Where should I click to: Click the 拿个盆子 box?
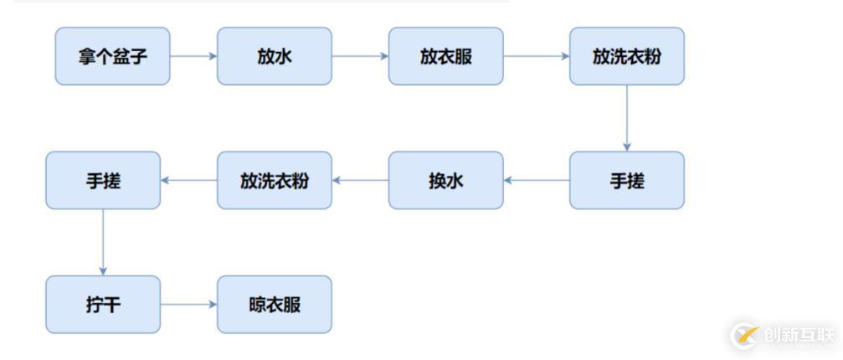pyautogui.click(x=112, y=56)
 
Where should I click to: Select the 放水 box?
pyautogui.click(x=275, y=56)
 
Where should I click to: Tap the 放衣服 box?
pyautogui.click(x=445, y=56)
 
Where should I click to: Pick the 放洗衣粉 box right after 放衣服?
pyautogui.click(x=627, y=56)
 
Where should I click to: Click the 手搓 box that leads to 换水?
pyautogui.click(x=627, y=181)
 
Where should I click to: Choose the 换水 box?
pyautogui.click(x=445, y=181)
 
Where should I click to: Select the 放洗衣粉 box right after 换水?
pyautogui.click(x=275, y=181)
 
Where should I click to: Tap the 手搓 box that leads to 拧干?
pyautogui.click(x=103, y=181)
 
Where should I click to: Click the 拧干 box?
pyautogui.click(x=103, y=305)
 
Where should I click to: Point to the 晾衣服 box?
pyautogui.click(x=275, y=305)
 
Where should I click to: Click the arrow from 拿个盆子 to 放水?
pyautogui.click(x=193, y=56)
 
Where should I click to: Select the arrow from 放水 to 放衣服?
pyautogui.click(x=360, y=56)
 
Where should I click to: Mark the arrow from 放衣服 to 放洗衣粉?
pyautogui.click(x=537, y=56)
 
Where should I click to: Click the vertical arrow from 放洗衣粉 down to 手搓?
pyautogui.click(x=627, y=118)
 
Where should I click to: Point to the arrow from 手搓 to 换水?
pyautogui.click(x=537, y=181)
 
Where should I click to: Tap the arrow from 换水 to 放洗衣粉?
pyautogui.click(x=360, y=181)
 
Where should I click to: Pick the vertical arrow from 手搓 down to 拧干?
pyautogui.click(x=103, y=242)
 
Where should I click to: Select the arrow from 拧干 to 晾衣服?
pyautogui.click(x=188, y=305)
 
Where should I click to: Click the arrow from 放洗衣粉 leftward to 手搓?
pyautogui.click(x=188, y=181)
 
